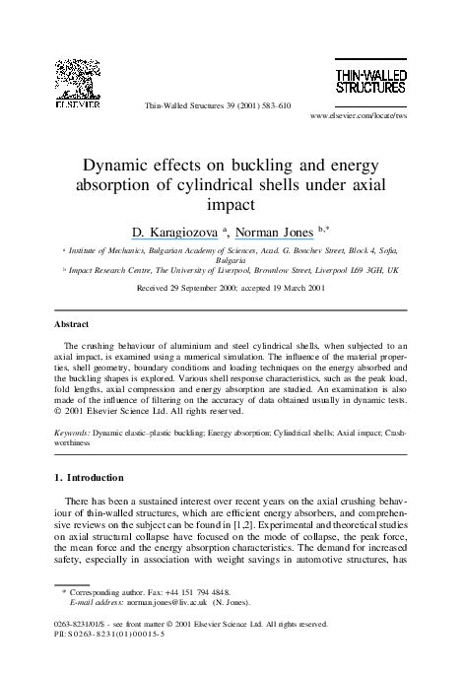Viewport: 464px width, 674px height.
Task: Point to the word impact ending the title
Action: pyautogui.click(x=232, y=207)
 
